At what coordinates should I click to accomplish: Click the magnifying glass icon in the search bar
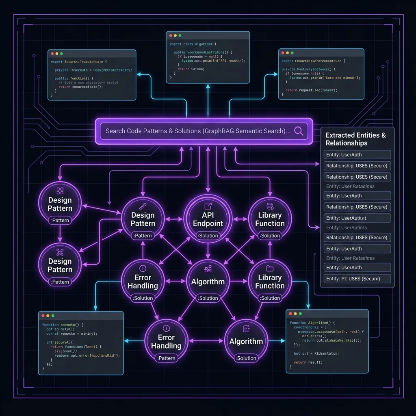299,131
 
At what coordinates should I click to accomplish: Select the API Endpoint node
208,219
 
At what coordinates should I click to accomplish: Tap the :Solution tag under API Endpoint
208,236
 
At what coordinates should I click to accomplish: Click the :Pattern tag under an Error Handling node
166,358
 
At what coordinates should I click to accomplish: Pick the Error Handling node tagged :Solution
143,281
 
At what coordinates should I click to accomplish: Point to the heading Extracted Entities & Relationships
355,139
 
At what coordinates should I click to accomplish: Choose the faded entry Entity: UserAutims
347,228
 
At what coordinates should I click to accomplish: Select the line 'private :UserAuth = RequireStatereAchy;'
93,70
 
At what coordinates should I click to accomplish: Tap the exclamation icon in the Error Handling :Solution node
143,268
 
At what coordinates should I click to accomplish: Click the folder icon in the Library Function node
270,268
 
